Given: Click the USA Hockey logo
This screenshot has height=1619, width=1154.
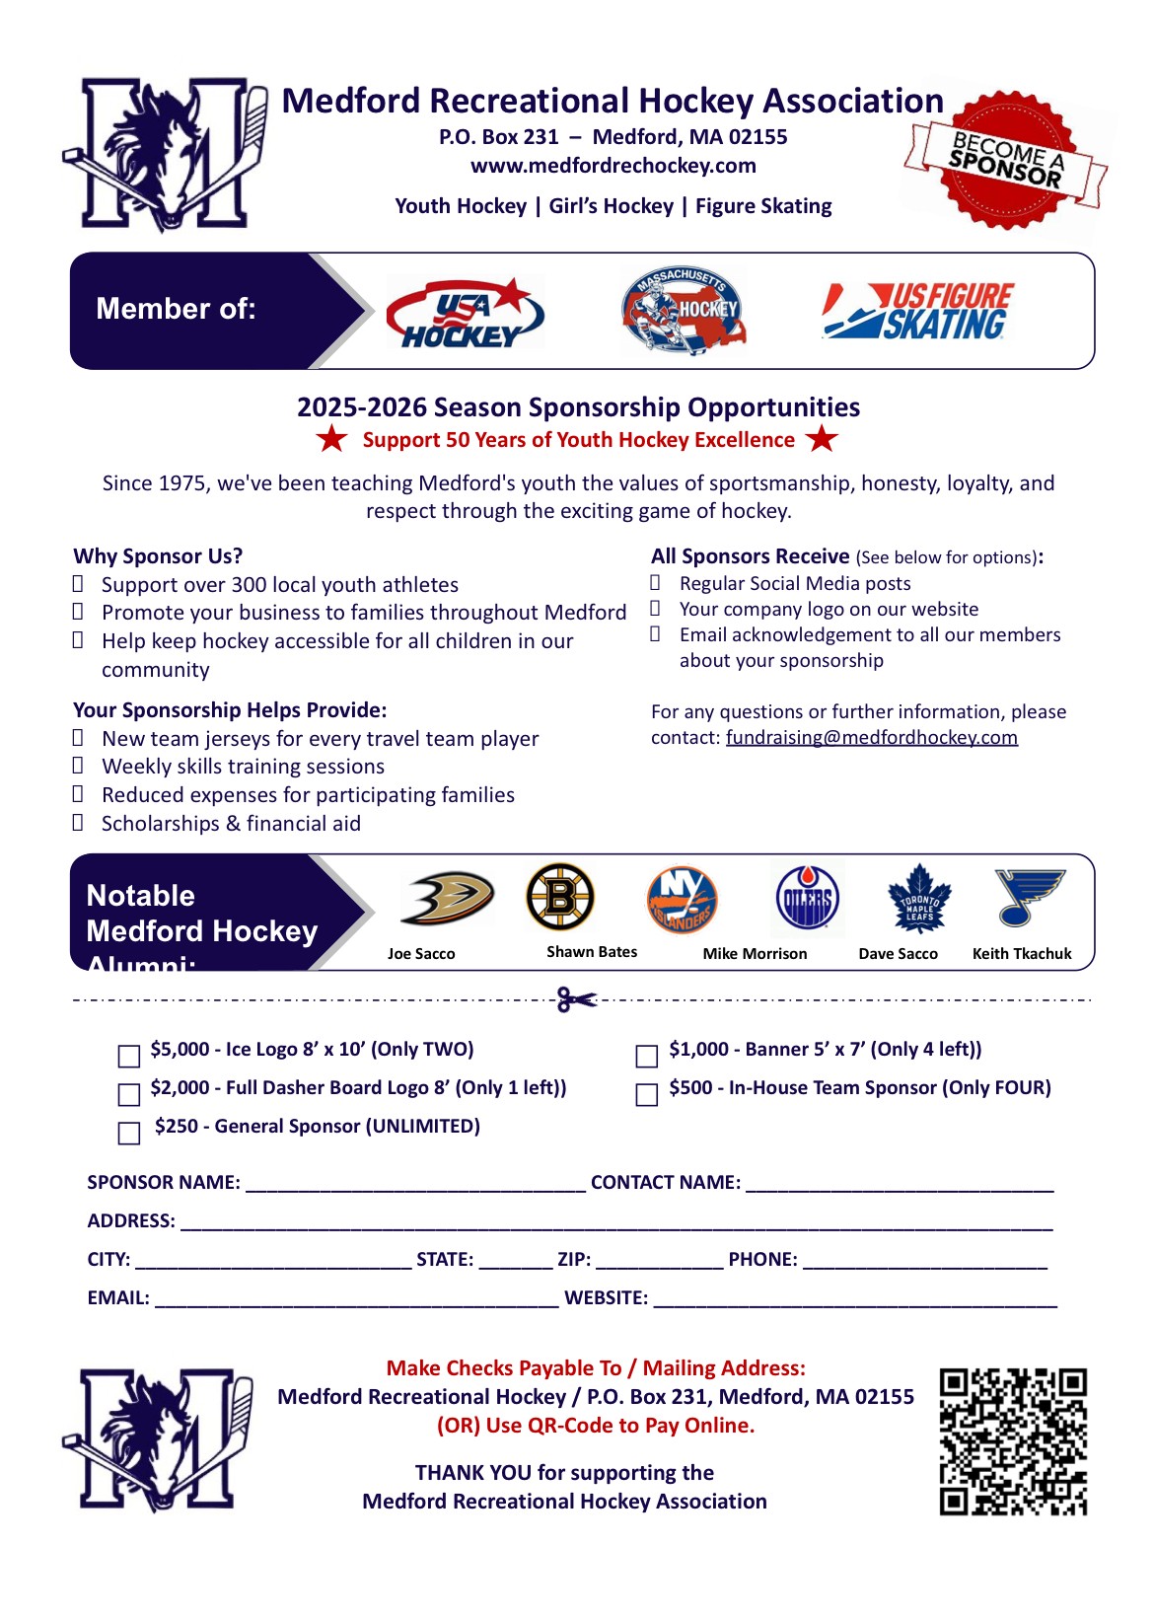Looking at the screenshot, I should (x=464, y=313).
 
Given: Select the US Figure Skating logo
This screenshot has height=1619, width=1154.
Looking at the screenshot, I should (x=917, y=312).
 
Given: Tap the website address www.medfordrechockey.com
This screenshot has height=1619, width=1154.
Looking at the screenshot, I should (x=613, y=166).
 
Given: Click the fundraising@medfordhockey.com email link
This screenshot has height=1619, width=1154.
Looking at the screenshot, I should (x=871, y=738).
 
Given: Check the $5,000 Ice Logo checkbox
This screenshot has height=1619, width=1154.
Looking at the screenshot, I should (x=129, y=1057).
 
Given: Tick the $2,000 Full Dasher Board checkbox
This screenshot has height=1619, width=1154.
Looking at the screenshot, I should (x=129, y=1095).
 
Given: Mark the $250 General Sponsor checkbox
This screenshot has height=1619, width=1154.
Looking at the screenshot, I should (x=129, y=1134).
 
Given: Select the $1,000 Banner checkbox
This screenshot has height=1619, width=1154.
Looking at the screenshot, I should (x=647, y=1057).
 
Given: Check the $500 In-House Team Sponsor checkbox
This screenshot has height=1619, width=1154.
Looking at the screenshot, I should (x=647, y=1095).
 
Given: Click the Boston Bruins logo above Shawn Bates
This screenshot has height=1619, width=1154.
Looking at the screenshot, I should (x=560, y=897).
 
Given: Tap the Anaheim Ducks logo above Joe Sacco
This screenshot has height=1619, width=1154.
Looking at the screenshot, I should (x=447, y=898).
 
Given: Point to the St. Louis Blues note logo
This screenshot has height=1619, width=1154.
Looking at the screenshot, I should (x=1028, y=897).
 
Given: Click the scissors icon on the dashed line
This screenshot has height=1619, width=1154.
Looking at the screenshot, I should (x=576, y=999).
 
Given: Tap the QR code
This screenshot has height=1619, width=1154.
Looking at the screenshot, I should (x=1013, y=1441).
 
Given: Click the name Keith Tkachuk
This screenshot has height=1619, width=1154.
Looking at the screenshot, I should (x=1022, y=954).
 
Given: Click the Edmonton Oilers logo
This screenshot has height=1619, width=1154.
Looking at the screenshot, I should (x=808, y=899).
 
